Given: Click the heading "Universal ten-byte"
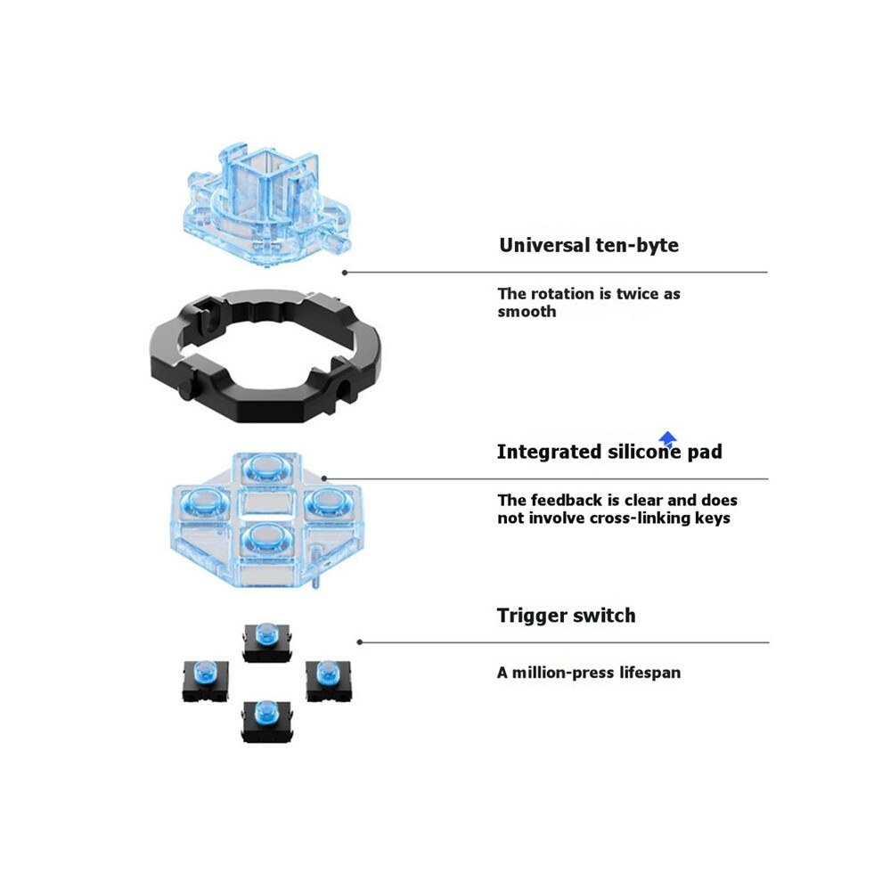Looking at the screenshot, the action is tap(588, 245).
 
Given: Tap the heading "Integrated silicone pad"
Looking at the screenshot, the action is tap(609, 452).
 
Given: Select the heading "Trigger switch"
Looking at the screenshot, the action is tap(566, 616).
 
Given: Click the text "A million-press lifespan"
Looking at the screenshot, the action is tap(588, 673).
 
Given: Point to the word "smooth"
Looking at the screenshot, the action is tap(527, 312).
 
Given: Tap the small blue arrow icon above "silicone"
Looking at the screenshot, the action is tap(667, 438).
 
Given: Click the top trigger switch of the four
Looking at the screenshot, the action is tap(266, 641).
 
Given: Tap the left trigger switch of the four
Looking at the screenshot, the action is tap(205, 680).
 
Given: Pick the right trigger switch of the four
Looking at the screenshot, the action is tap(328, 680).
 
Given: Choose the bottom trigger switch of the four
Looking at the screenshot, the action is tap(266, 721).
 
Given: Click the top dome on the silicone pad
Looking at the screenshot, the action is tap(266, 466).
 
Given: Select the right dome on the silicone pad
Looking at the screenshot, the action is tap(329, 501).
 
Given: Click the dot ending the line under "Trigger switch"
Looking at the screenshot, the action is tap(360, 642).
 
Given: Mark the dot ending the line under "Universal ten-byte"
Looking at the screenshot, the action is tap(345, 273).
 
